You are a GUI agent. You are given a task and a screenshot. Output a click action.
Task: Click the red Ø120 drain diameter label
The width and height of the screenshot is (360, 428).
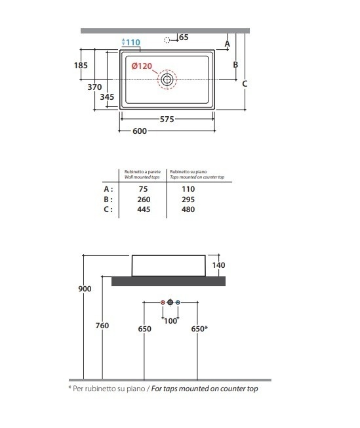pyautogui.click(x=142, y=66)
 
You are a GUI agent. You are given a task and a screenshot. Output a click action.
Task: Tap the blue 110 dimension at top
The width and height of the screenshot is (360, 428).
pyautogui.click(x=133, y=42)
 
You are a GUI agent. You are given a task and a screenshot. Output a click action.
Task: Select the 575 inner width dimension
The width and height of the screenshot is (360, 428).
pyautogui.click(x=167, y=119)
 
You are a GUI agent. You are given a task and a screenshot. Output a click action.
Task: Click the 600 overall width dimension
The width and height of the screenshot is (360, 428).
pyautogui.click(x=140, y=131)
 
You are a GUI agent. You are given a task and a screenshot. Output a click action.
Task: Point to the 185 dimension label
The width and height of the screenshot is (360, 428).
pyautogui.click(x=81, y=66)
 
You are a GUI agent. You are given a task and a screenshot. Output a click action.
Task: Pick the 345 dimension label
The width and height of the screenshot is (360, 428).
pyautogui.click(x=107, y=97)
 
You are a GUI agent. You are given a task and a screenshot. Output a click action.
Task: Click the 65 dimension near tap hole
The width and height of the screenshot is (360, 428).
pyautogui.click(x=184, y=37)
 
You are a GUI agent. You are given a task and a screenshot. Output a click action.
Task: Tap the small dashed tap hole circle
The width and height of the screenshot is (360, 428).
pyautogui.click(x=167, y=41)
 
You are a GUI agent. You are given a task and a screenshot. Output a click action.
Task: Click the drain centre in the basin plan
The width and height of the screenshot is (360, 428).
pyautogui.click(x=167, y=79)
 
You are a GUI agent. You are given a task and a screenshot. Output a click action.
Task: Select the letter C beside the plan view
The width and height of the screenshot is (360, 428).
pyautogui.click(x=245, y=84)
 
